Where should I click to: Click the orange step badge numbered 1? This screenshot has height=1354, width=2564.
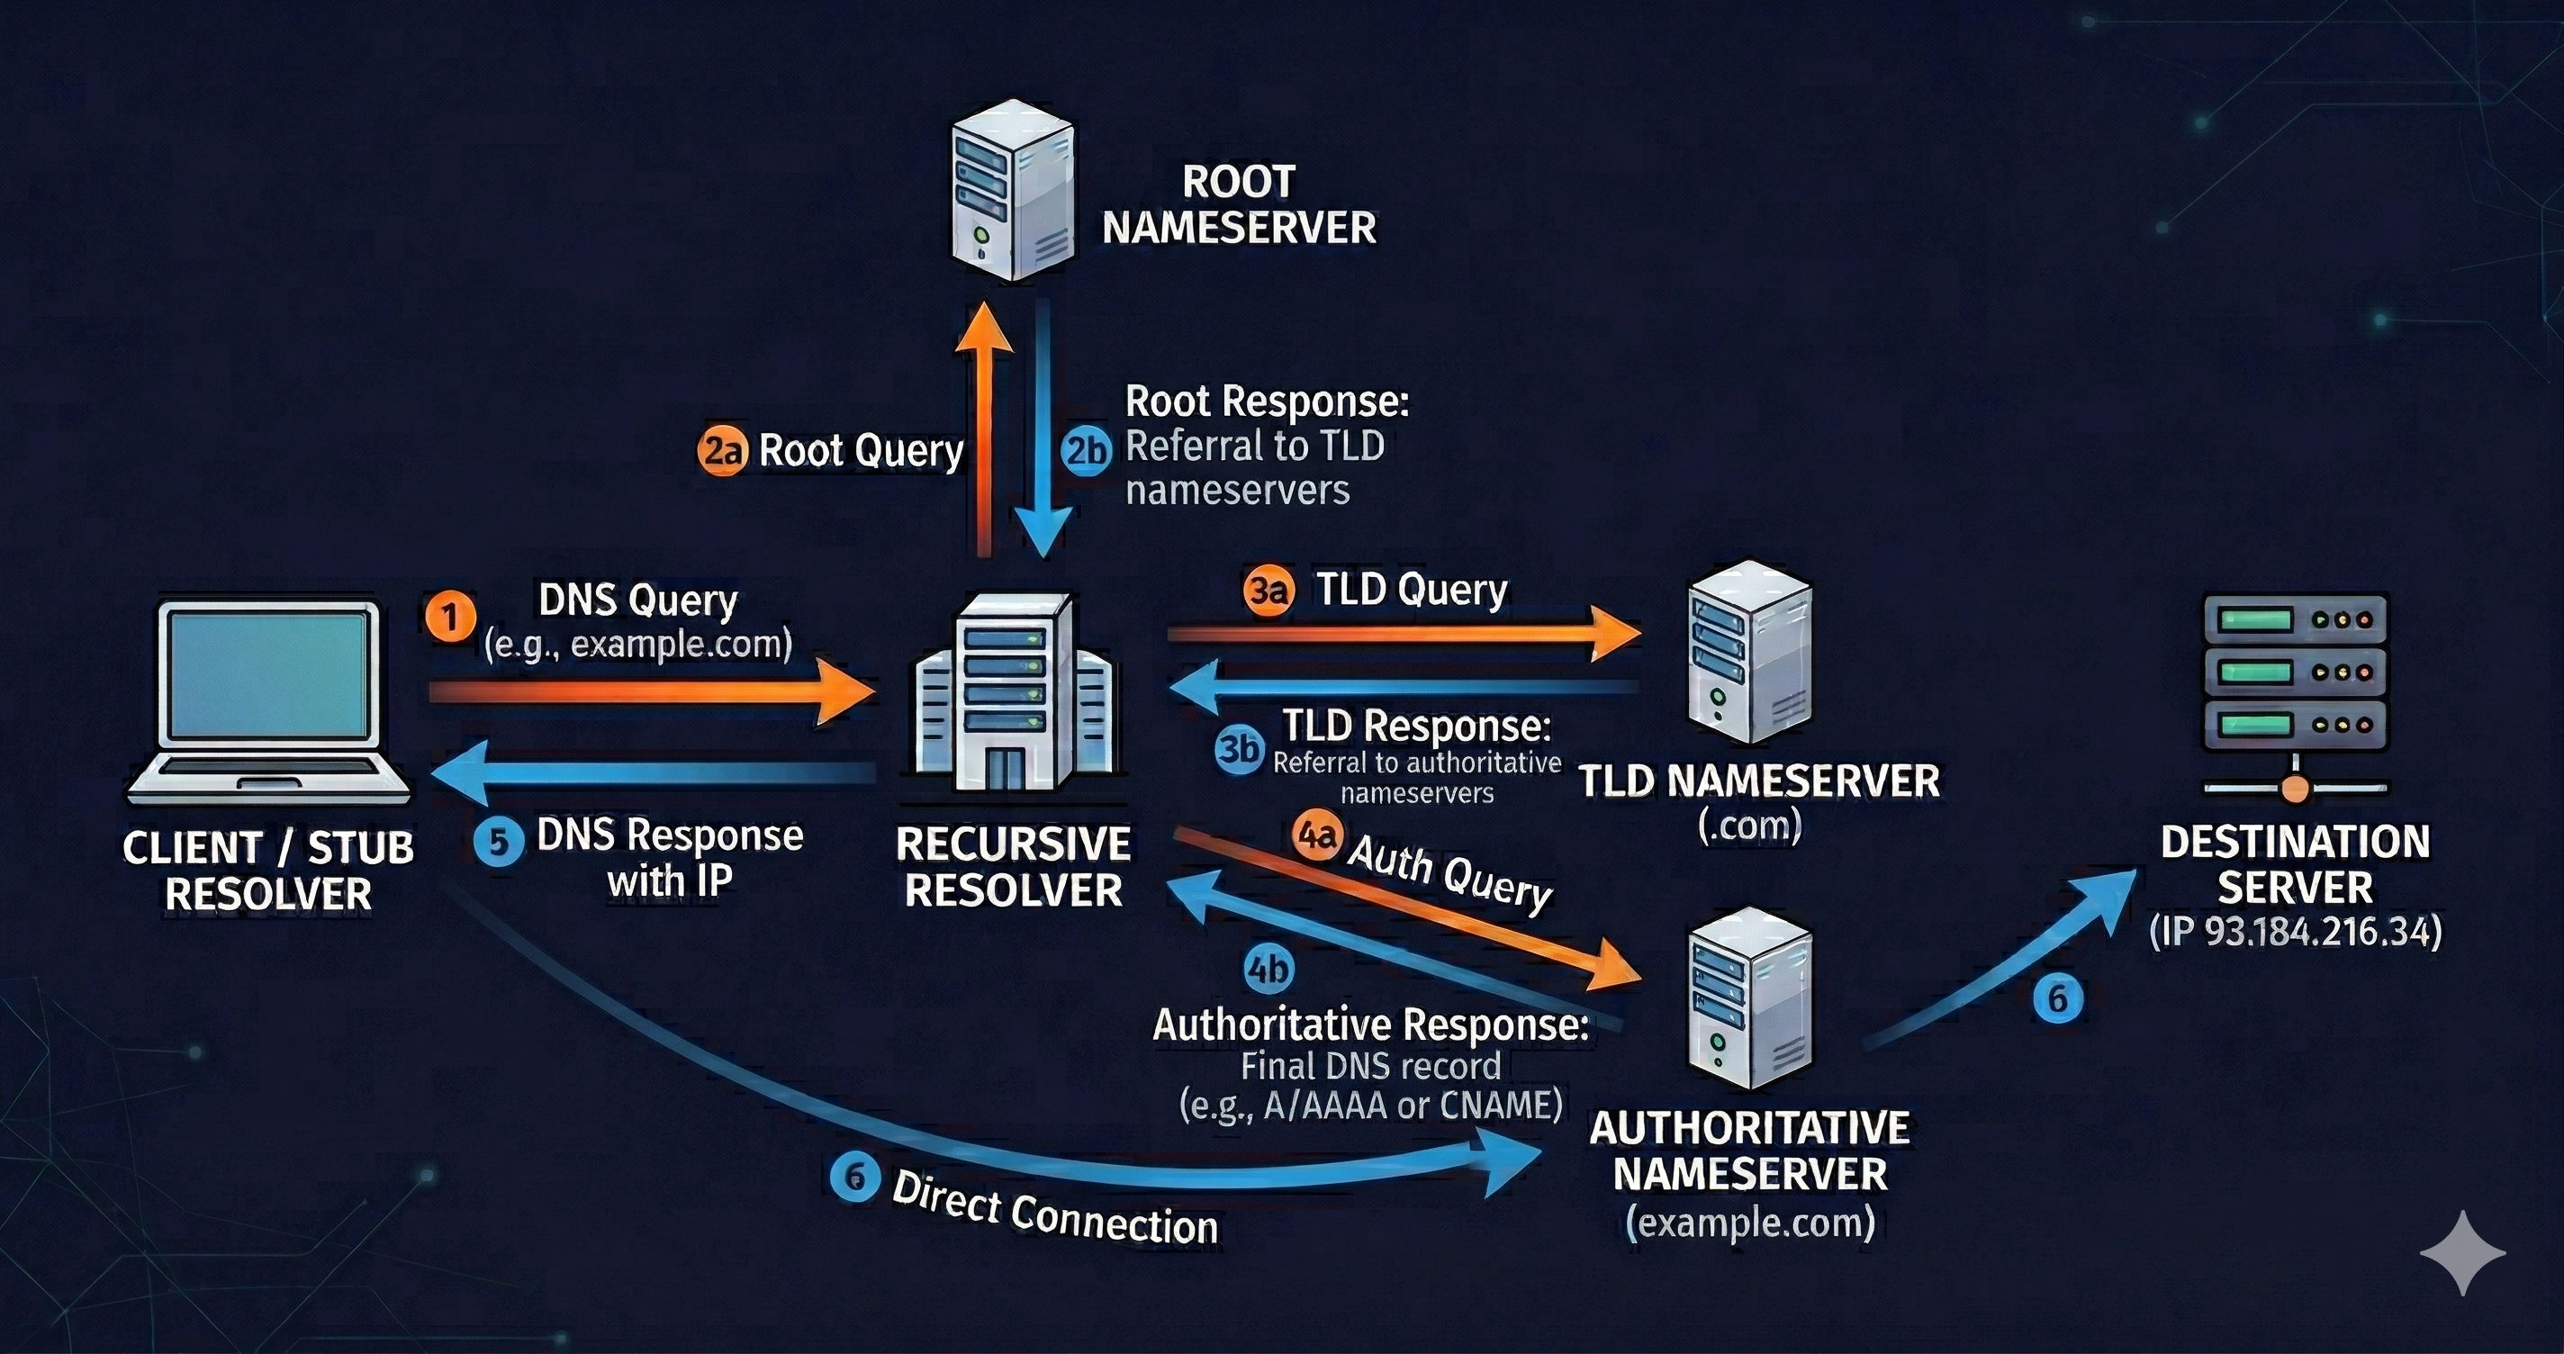point(450,618)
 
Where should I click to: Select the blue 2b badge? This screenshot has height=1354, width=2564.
point(1086,451)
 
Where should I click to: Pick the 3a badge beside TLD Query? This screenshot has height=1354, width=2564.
point(1268,591)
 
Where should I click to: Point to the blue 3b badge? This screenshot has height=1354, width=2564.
point(1239,748)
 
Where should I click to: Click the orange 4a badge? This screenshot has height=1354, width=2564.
point(1318,836)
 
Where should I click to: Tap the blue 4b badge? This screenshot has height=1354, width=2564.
point(1269,969)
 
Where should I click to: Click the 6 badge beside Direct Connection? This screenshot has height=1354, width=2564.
point(855,1178)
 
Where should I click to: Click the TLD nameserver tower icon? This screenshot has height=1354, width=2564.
point(1750,652)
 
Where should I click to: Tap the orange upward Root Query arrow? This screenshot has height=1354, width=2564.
point(983,429)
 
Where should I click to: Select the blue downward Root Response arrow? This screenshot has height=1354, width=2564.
point(1043,429)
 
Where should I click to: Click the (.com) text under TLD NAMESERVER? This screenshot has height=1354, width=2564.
point(1750,826)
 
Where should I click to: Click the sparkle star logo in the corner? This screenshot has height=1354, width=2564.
point(2461,1252)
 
